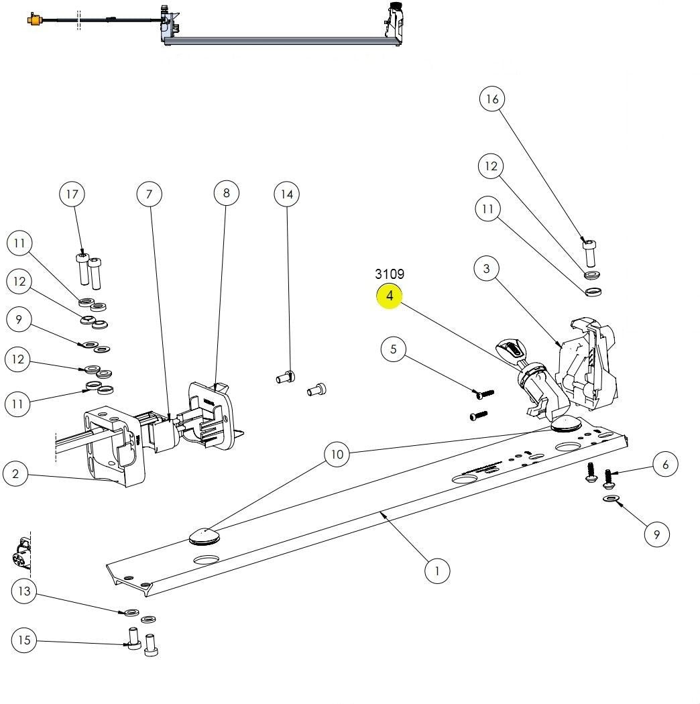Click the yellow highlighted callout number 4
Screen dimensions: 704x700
tap(390, 296)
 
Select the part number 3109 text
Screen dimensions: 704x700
tap(390, 274)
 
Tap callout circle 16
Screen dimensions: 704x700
tap(492, 99)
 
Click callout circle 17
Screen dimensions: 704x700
tap(72, 194)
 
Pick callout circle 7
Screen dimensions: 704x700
tap(150, 194)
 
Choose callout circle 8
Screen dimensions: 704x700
tap(227, 193)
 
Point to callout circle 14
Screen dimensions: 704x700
tap(287, 194)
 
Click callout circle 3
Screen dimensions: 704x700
tap(486, 269)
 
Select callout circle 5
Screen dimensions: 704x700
tap(394, 349)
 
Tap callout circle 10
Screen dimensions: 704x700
tap(337, 455)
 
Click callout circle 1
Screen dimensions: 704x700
tap(437, 571)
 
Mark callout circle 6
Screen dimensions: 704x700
tap(665, 464)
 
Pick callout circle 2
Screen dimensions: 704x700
tap(15, 475)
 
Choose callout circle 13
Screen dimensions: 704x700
tap(24, 591)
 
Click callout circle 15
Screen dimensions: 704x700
tap(24, 640)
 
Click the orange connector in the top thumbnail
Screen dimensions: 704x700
tap(32, 19)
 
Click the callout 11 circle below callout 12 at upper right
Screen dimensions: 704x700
tap(487, 209)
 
